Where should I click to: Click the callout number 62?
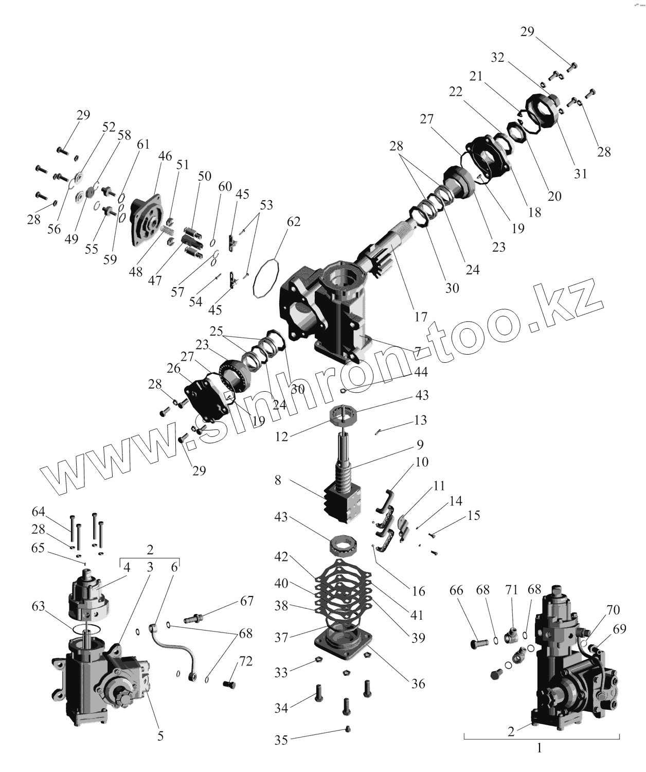coord(294,222)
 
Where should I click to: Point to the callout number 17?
coord(421,317)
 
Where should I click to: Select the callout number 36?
coord(418,683)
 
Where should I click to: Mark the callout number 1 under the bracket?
coord(540,748)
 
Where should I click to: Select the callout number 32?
coord(497,58)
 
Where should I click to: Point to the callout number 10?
coord(421,462)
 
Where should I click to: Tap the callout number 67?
coord(247,601)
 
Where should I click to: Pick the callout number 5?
coord(160,736)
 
